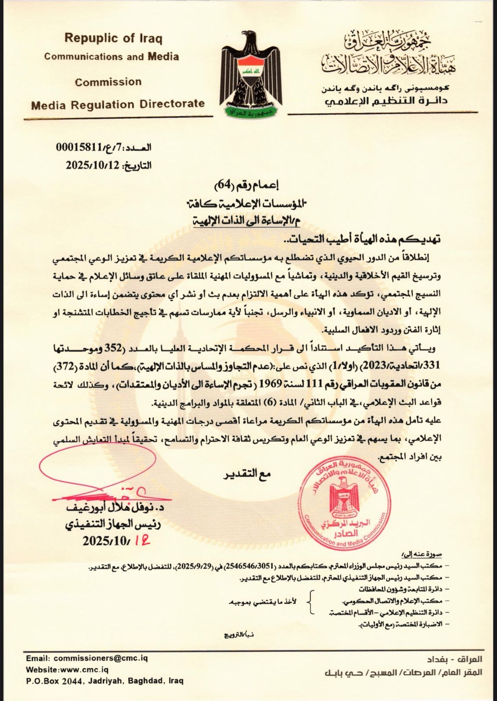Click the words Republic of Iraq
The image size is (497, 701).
pyautogui.click(x=113, y=39)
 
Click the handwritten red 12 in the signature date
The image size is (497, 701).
pyautogui.click(x=143, y=541)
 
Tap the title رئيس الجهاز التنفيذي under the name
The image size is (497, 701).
pyautogui.click(x=115, y=524)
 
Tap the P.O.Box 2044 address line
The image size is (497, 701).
pyautogui.click(x=105, y=681)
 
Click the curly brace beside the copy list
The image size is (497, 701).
pyautogui.click(x=311, y=602)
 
